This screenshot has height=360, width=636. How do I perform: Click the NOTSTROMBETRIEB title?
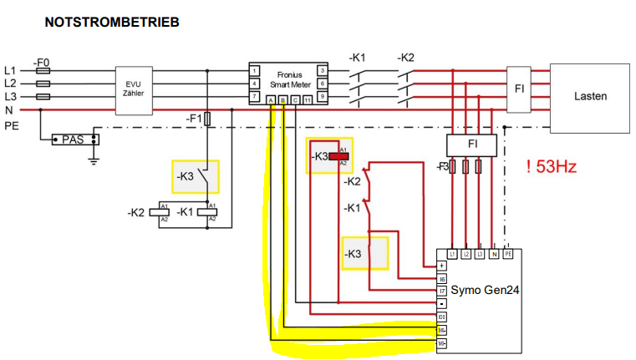[x=111, y=23]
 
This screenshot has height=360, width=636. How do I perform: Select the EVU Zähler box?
[x=134, y=87]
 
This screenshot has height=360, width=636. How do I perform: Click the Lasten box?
[x=590, y=96]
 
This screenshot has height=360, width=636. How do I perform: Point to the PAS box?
[x=74, y=139]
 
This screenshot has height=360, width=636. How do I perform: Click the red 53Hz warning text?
[x=552, y=166]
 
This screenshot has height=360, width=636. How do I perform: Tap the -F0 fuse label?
[x=42, y=62]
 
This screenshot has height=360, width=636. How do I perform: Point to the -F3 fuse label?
[x=443, y=167]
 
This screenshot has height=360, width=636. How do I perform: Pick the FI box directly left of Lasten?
[x=518, y=87]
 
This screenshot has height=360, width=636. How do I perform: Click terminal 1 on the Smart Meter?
[x=254, y=70]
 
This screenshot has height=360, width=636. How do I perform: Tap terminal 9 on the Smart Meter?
[x=322, y=97]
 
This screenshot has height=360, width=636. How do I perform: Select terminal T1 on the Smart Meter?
[x=308, y=101]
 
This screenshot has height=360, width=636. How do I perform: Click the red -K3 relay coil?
[x=338, y=155]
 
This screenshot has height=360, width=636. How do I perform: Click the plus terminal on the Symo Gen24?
[x=442, y=266]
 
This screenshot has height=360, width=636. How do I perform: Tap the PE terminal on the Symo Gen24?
[x=507, y=253]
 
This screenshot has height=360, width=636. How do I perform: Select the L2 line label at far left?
[x=10, y=84]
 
